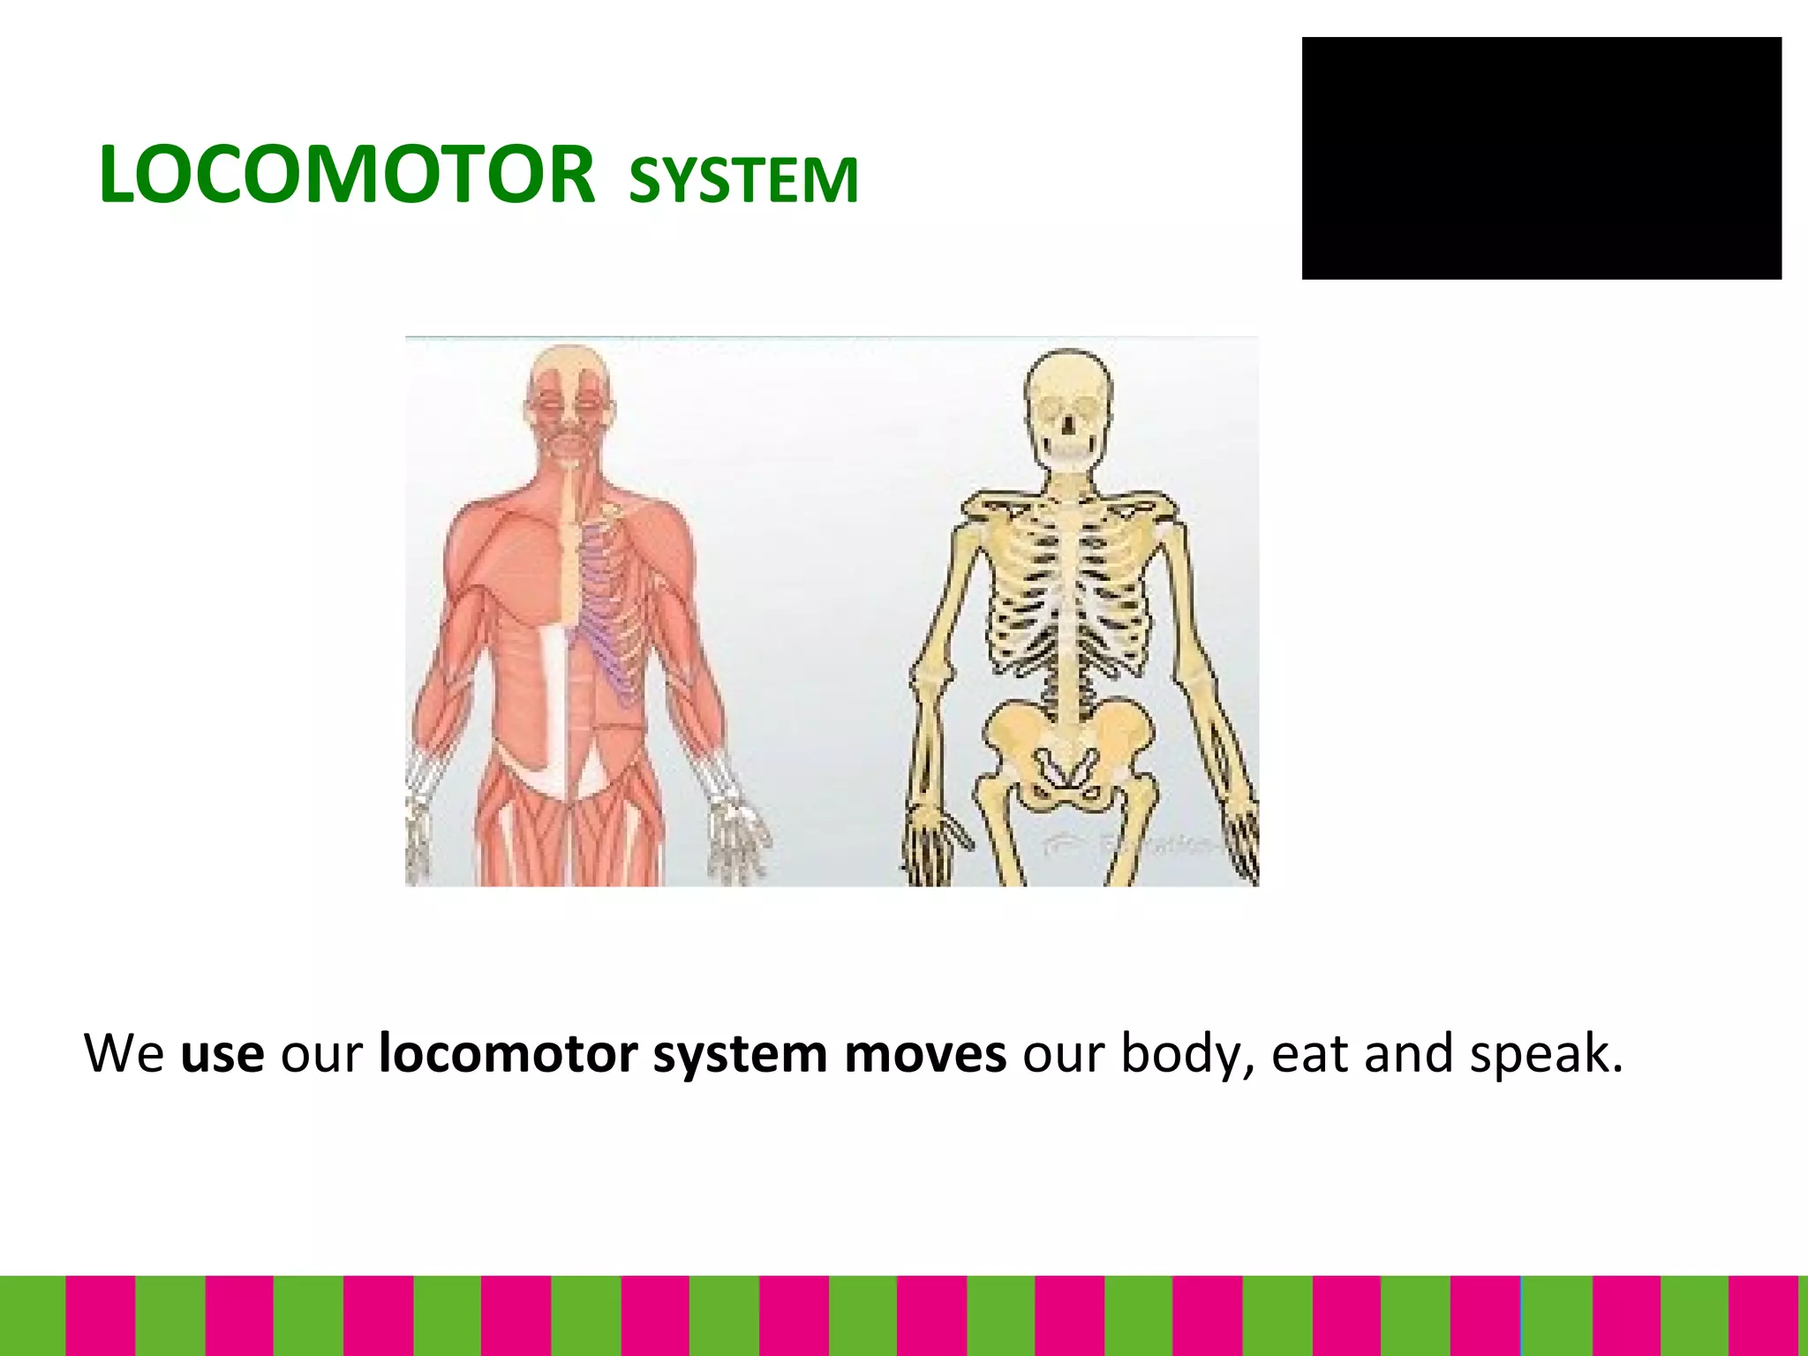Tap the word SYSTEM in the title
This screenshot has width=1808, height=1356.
tap(743, 180)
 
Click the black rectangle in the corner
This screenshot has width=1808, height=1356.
tap(1541, 158)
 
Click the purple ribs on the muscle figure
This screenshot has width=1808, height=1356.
tap(609, 609)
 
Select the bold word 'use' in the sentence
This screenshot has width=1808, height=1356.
tap(222, 1054)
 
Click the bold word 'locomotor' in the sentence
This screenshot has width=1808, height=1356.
tap(508, 1054)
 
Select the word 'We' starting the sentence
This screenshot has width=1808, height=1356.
tap(124, 1054)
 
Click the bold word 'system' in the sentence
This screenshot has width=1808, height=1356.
tap(739, 1054)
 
